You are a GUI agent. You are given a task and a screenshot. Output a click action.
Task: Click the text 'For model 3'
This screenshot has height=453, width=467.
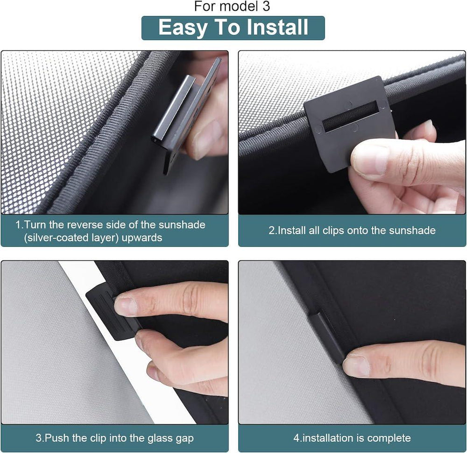[x=232, y=7]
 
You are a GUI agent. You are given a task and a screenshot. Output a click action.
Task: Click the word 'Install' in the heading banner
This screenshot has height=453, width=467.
[x=274, y=28]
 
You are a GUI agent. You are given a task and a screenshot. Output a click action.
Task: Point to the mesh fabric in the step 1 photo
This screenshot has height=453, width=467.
[x=56, y=117]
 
